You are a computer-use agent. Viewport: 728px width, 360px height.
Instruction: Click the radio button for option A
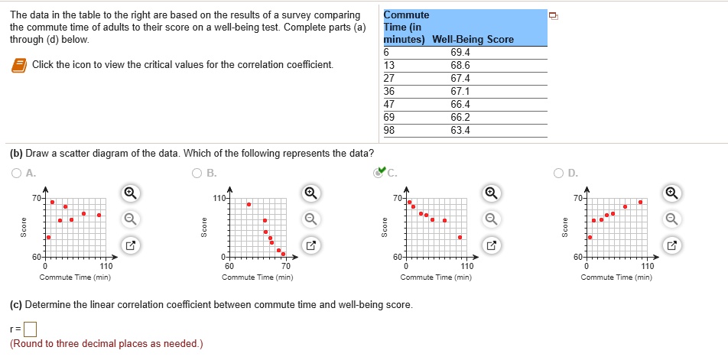[x=17, y=173]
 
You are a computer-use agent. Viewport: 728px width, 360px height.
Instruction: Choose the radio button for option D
[x=560, y=173]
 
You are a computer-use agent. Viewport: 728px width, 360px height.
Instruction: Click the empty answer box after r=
[x=30, y=330]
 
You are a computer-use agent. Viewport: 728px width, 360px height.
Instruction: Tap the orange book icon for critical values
[x=18, y=66]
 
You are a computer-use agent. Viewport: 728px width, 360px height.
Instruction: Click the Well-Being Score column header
[x=473, y=39]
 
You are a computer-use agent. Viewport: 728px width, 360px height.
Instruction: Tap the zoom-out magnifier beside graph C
[x=491, y=219]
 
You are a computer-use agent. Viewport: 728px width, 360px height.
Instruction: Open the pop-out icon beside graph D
[x=671, y=246]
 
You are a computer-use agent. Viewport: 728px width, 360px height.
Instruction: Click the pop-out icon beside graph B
[x=310, y=246]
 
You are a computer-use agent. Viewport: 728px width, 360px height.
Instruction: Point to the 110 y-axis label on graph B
[x=218, y=198]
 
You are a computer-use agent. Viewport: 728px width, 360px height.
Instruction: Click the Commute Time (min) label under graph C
[x=436, y=277]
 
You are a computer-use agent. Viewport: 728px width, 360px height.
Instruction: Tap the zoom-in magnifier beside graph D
[x=671, y=192]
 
